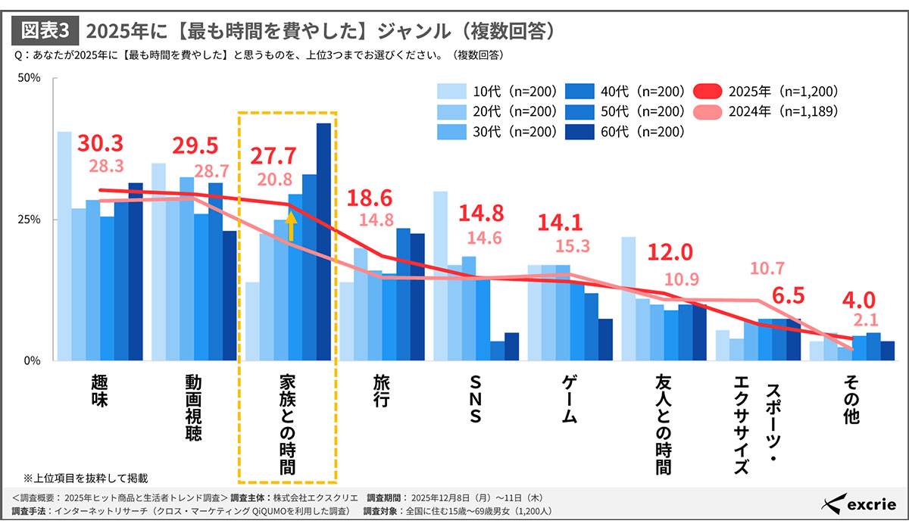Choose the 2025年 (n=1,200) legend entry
(765, 92)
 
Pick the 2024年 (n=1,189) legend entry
(765, 111)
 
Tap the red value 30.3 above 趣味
(100, 144)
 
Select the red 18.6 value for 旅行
(370, 199)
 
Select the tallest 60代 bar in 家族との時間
(323, 242)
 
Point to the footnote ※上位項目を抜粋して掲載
(85, 479)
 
